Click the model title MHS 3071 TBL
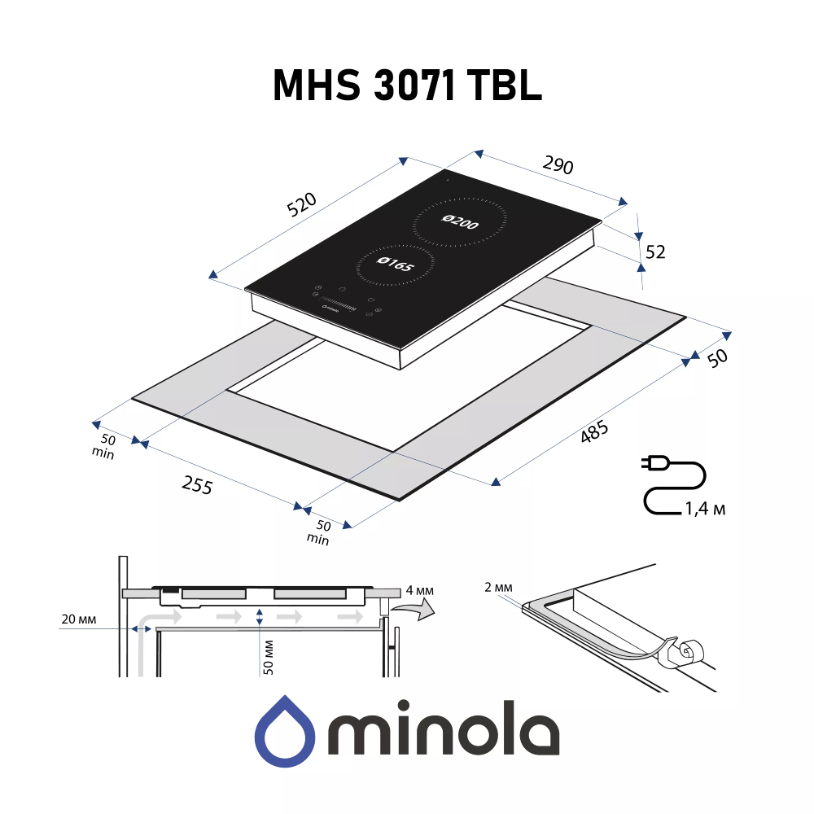coord(406,85)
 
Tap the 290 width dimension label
coord(558,165)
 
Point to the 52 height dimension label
coord(654,252)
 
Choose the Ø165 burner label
coord(396,265)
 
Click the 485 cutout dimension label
coord(594,434)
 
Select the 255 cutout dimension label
coord(197,486)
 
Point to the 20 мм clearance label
coord(79,620)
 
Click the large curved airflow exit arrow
coord(413,610)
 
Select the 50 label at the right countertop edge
coord(716,358)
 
